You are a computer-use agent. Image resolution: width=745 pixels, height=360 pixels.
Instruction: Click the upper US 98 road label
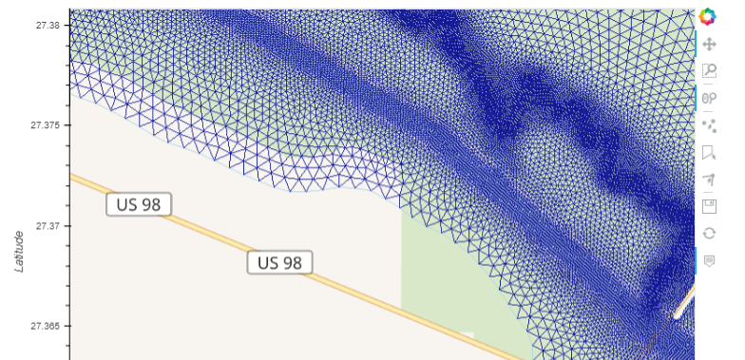pos(139,204)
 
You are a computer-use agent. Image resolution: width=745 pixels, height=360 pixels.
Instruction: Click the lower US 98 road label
pos(280,262)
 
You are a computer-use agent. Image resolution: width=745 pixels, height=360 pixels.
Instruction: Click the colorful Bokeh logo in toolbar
pos(708,16)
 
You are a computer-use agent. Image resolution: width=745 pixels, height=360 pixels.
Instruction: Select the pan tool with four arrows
pos(708,44)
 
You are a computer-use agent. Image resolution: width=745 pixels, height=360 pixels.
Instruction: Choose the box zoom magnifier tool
pos(708,70)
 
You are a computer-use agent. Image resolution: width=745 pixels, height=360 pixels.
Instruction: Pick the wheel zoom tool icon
pos(708,98)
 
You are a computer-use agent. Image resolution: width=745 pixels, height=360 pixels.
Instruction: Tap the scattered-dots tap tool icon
pos(708,124)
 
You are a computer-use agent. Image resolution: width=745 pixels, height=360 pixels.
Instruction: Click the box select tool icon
pos(708,152)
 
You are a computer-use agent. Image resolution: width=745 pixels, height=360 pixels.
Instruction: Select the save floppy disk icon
pos(708,206)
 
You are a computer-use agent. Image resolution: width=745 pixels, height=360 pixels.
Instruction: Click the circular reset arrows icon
pos(708,233)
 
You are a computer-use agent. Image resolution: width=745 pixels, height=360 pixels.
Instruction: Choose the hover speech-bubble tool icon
pos(708,260)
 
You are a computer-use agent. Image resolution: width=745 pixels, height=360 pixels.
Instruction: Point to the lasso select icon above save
pos(708,179)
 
